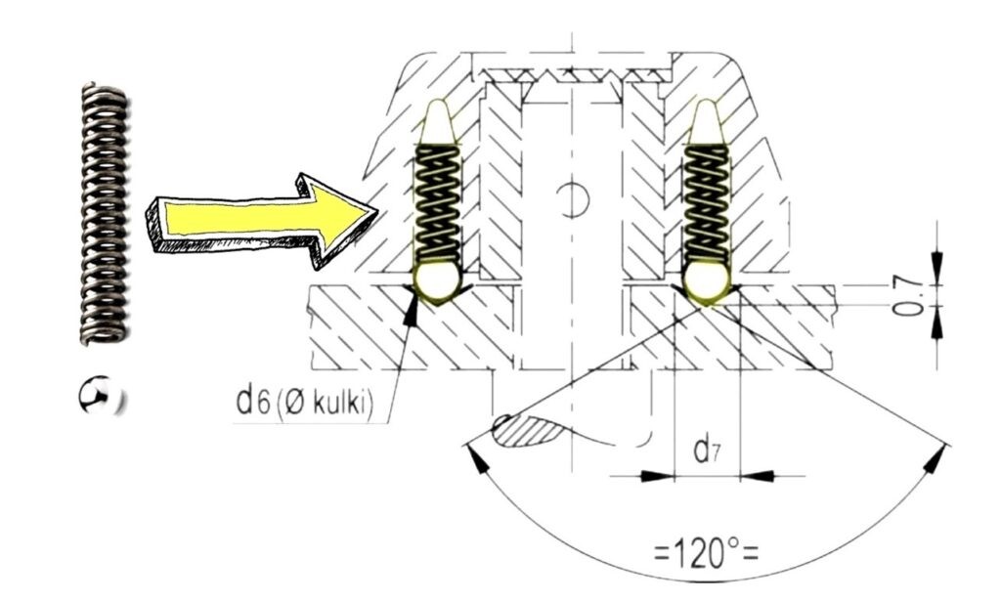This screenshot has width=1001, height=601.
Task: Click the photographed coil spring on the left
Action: (103, 214)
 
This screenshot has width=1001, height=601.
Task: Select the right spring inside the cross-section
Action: (706, 205)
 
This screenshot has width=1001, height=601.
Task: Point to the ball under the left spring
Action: (437, 280)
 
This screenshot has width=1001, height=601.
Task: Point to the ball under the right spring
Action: (706, 280)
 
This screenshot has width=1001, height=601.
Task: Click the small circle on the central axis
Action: (573, 199)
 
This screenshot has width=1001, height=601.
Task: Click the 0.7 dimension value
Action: (909, 294)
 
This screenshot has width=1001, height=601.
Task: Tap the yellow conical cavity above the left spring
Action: (437, 123)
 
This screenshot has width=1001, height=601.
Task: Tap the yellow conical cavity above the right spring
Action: (706, 123)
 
